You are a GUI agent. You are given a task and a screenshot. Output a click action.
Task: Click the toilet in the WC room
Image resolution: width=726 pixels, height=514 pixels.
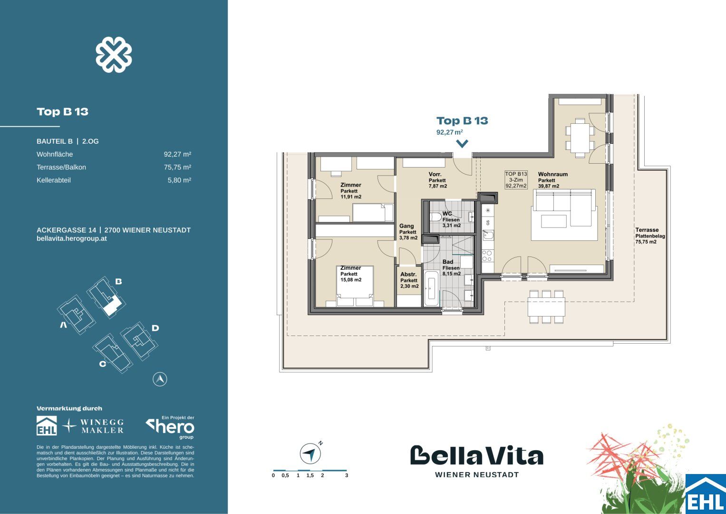click(435, 217)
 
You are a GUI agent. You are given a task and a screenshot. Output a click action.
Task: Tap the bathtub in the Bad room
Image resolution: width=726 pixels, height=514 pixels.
click(431, 288)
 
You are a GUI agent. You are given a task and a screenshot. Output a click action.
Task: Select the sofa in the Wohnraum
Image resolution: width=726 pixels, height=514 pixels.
click(564, 208)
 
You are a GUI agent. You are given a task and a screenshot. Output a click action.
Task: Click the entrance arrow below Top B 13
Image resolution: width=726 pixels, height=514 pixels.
click(462, 144)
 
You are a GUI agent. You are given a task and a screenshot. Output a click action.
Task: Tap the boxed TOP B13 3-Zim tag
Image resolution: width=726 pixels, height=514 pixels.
click(516, 180)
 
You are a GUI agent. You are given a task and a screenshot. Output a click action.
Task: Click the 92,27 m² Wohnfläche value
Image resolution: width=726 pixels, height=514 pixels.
click(177, 154)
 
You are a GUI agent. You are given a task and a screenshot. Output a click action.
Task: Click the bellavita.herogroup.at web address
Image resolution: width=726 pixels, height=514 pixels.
click(72, 238)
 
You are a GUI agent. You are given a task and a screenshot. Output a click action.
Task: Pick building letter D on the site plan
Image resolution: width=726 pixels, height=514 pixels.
click(155, 327)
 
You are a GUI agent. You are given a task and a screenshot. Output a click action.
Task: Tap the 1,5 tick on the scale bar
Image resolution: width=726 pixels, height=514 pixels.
click(310, 475)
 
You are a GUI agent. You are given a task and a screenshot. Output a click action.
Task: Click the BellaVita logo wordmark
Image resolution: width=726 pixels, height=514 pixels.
click(476, 455)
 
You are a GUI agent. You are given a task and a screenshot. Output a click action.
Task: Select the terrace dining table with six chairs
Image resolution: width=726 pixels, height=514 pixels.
click(546, 307)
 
